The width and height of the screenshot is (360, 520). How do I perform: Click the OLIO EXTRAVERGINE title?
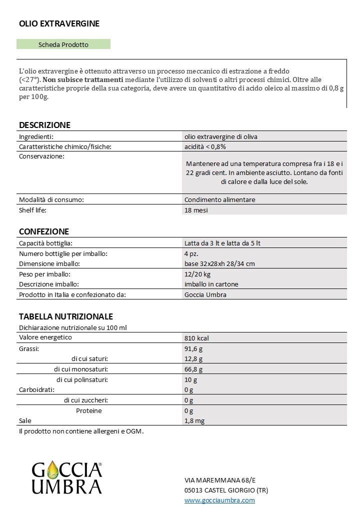(x=59, y=23)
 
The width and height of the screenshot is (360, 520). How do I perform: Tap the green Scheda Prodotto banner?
(x=63, y=44)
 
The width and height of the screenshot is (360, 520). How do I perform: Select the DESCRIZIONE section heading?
(x=44, y=125)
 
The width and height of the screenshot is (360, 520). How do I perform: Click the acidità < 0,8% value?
(x=205, y=146)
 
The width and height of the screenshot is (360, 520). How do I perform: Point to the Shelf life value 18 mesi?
(x=196, y=210)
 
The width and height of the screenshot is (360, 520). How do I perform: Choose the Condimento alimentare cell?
(x=219, y=199)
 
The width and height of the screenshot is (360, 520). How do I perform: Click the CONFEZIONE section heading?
(x=43, y=231)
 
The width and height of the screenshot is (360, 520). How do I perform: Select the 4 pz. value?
(x=192, y=253)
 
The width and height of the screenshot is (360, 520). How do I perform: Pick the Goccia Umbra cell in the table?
(x=205, y=294)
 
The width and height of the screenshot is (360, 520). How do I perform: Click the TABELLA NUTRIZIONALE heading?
(x=65, y=316)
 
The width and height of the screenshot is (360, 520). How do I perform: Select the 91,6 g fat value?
(x=193, y=348)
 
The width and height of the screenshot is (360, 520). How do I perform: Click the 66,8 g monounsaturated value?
(x=193, y=369)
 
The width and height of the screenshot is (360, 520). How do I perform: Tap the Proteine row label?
(x=88, y=410)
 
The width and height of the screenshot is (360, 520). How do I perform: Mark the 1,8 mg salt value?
(x=195, y=421)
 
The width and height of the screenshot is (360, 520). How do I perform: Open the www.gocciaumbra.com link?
(x=219, y=500)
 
